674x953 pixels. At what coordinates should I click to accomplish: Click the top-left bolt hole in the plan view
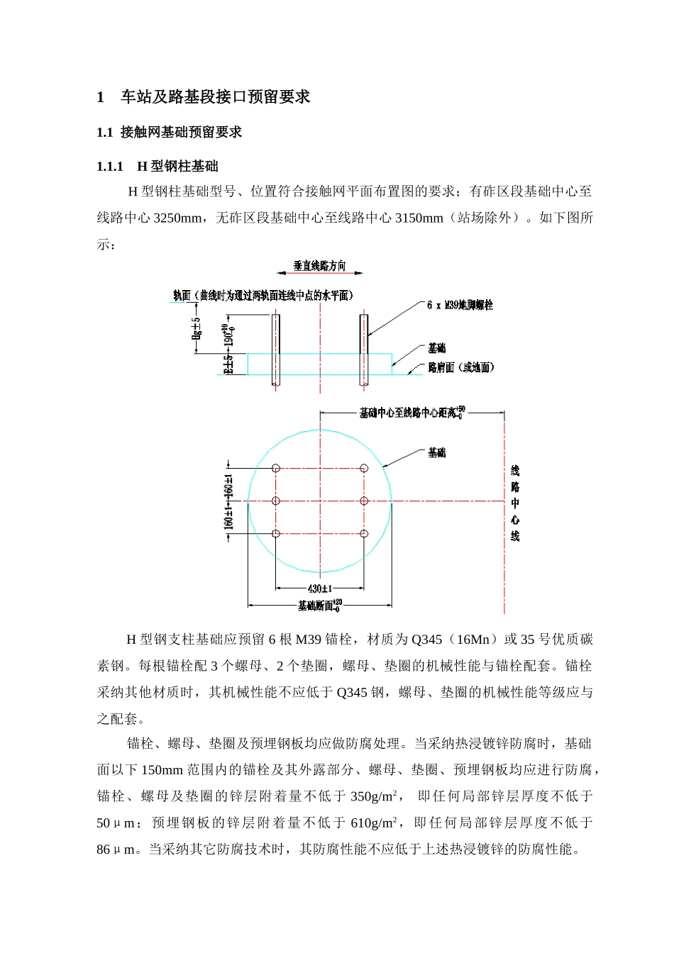pyautogui.click(x=276, y=468)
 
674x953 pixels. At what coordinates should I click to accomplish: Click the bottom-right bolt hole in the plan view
pyautogui.click(x=364, y=534)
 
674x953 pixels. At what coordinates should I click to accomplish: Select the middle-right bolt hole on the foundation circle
pyautogui.click(x=364, y=501)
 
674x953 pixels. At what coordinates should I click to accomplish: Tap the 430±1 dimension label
pyautogui.click(x=320, y=589)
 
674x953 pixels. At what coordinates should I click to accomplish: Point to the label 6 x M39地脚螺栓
pyautogui.click(x=460, y=305)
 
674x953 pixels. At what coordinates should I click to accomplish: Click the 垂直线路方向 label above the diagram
pyautogui.click(x=320, y=266)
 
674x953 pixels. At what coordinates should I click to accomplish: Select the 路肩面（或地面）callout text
pyautogui.click(x=461, y=367)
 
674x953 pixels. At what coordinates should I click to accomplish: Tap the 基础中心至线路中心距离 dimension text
pyautogui.click(x=411, y=413)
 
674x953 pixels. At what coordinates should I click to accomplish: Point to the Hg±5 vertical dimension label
pyautogui.click(x=197, y=328)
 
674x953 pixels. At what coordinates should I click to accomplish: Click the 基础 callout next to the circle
pyautogui.click(x=437, y=452)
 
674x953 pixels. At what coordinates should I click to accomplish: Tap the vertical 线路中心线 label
pyautogui.click(x=515, y=503)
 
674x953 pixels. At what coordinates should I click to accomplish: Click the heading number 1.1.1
pyautogui.click(x=110, y=167)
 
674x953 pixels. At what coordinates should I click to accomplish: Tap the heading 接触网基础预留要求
pyautogui.click(x=181, y=132)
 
